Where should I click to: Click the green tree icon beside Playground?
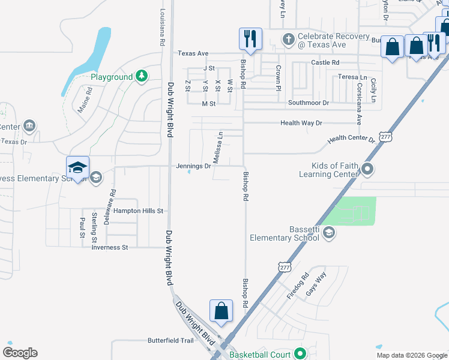point(142,76)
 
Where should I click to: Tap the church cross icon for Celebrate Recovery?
point(288,40)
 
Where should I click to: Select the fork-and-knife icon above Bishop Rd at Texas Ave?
point(250,39)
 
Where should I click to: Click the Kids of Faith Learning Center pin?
point(369,170)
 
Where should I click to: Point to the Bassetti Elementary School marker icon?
point(328,233)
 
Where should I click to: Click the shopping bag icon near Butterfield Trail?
point(221,311)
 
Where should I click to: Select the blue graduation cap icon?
point(77,168)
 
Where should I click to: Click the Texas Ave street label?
point(193,53)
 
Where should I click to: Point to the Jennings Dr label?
point(193,166)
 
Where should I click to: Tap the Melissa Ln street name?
point(219,149)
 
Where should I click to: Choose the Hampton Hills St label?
point(139,211)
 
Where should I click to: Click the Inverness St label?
point(110,247)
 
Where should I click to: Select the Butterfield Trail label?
point(171,340)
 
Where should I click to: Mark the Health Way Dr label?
point(301,123)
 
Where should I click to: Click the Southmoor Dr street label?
point(309,103)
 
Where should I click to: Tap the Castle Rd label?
point(325,62)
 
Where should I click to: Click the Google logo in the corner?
point(20,353)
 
